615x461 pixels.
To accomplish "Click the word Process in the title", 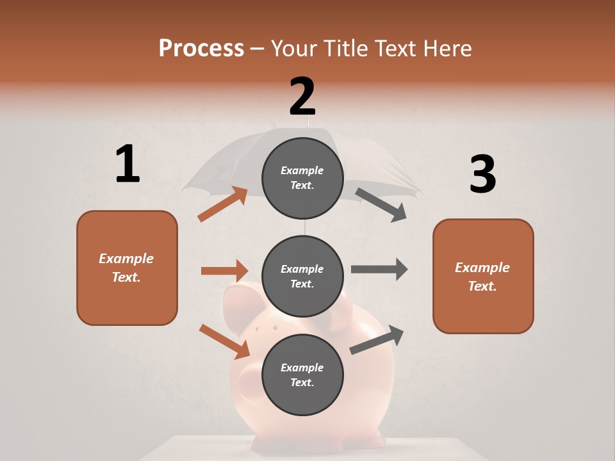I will (201, 48).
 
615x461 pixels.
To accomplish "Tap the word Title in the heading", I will (347, 48).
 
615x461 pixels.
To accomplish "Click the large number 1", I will (127, 165).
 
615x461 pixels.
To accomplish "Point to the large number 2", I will (302, 97).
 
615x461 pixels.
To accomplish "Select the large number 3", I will (482, 174).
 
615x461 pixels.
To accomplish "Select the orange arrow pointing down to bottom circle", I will (224, 341).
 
